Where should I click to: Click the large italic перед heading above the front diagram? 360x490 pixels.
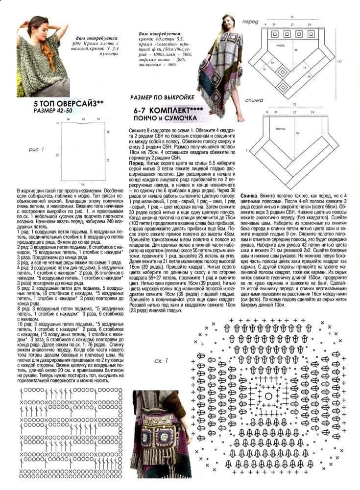click(250, 23)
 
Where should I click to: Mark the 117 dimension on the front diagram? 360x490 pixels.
click(353, 61)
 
